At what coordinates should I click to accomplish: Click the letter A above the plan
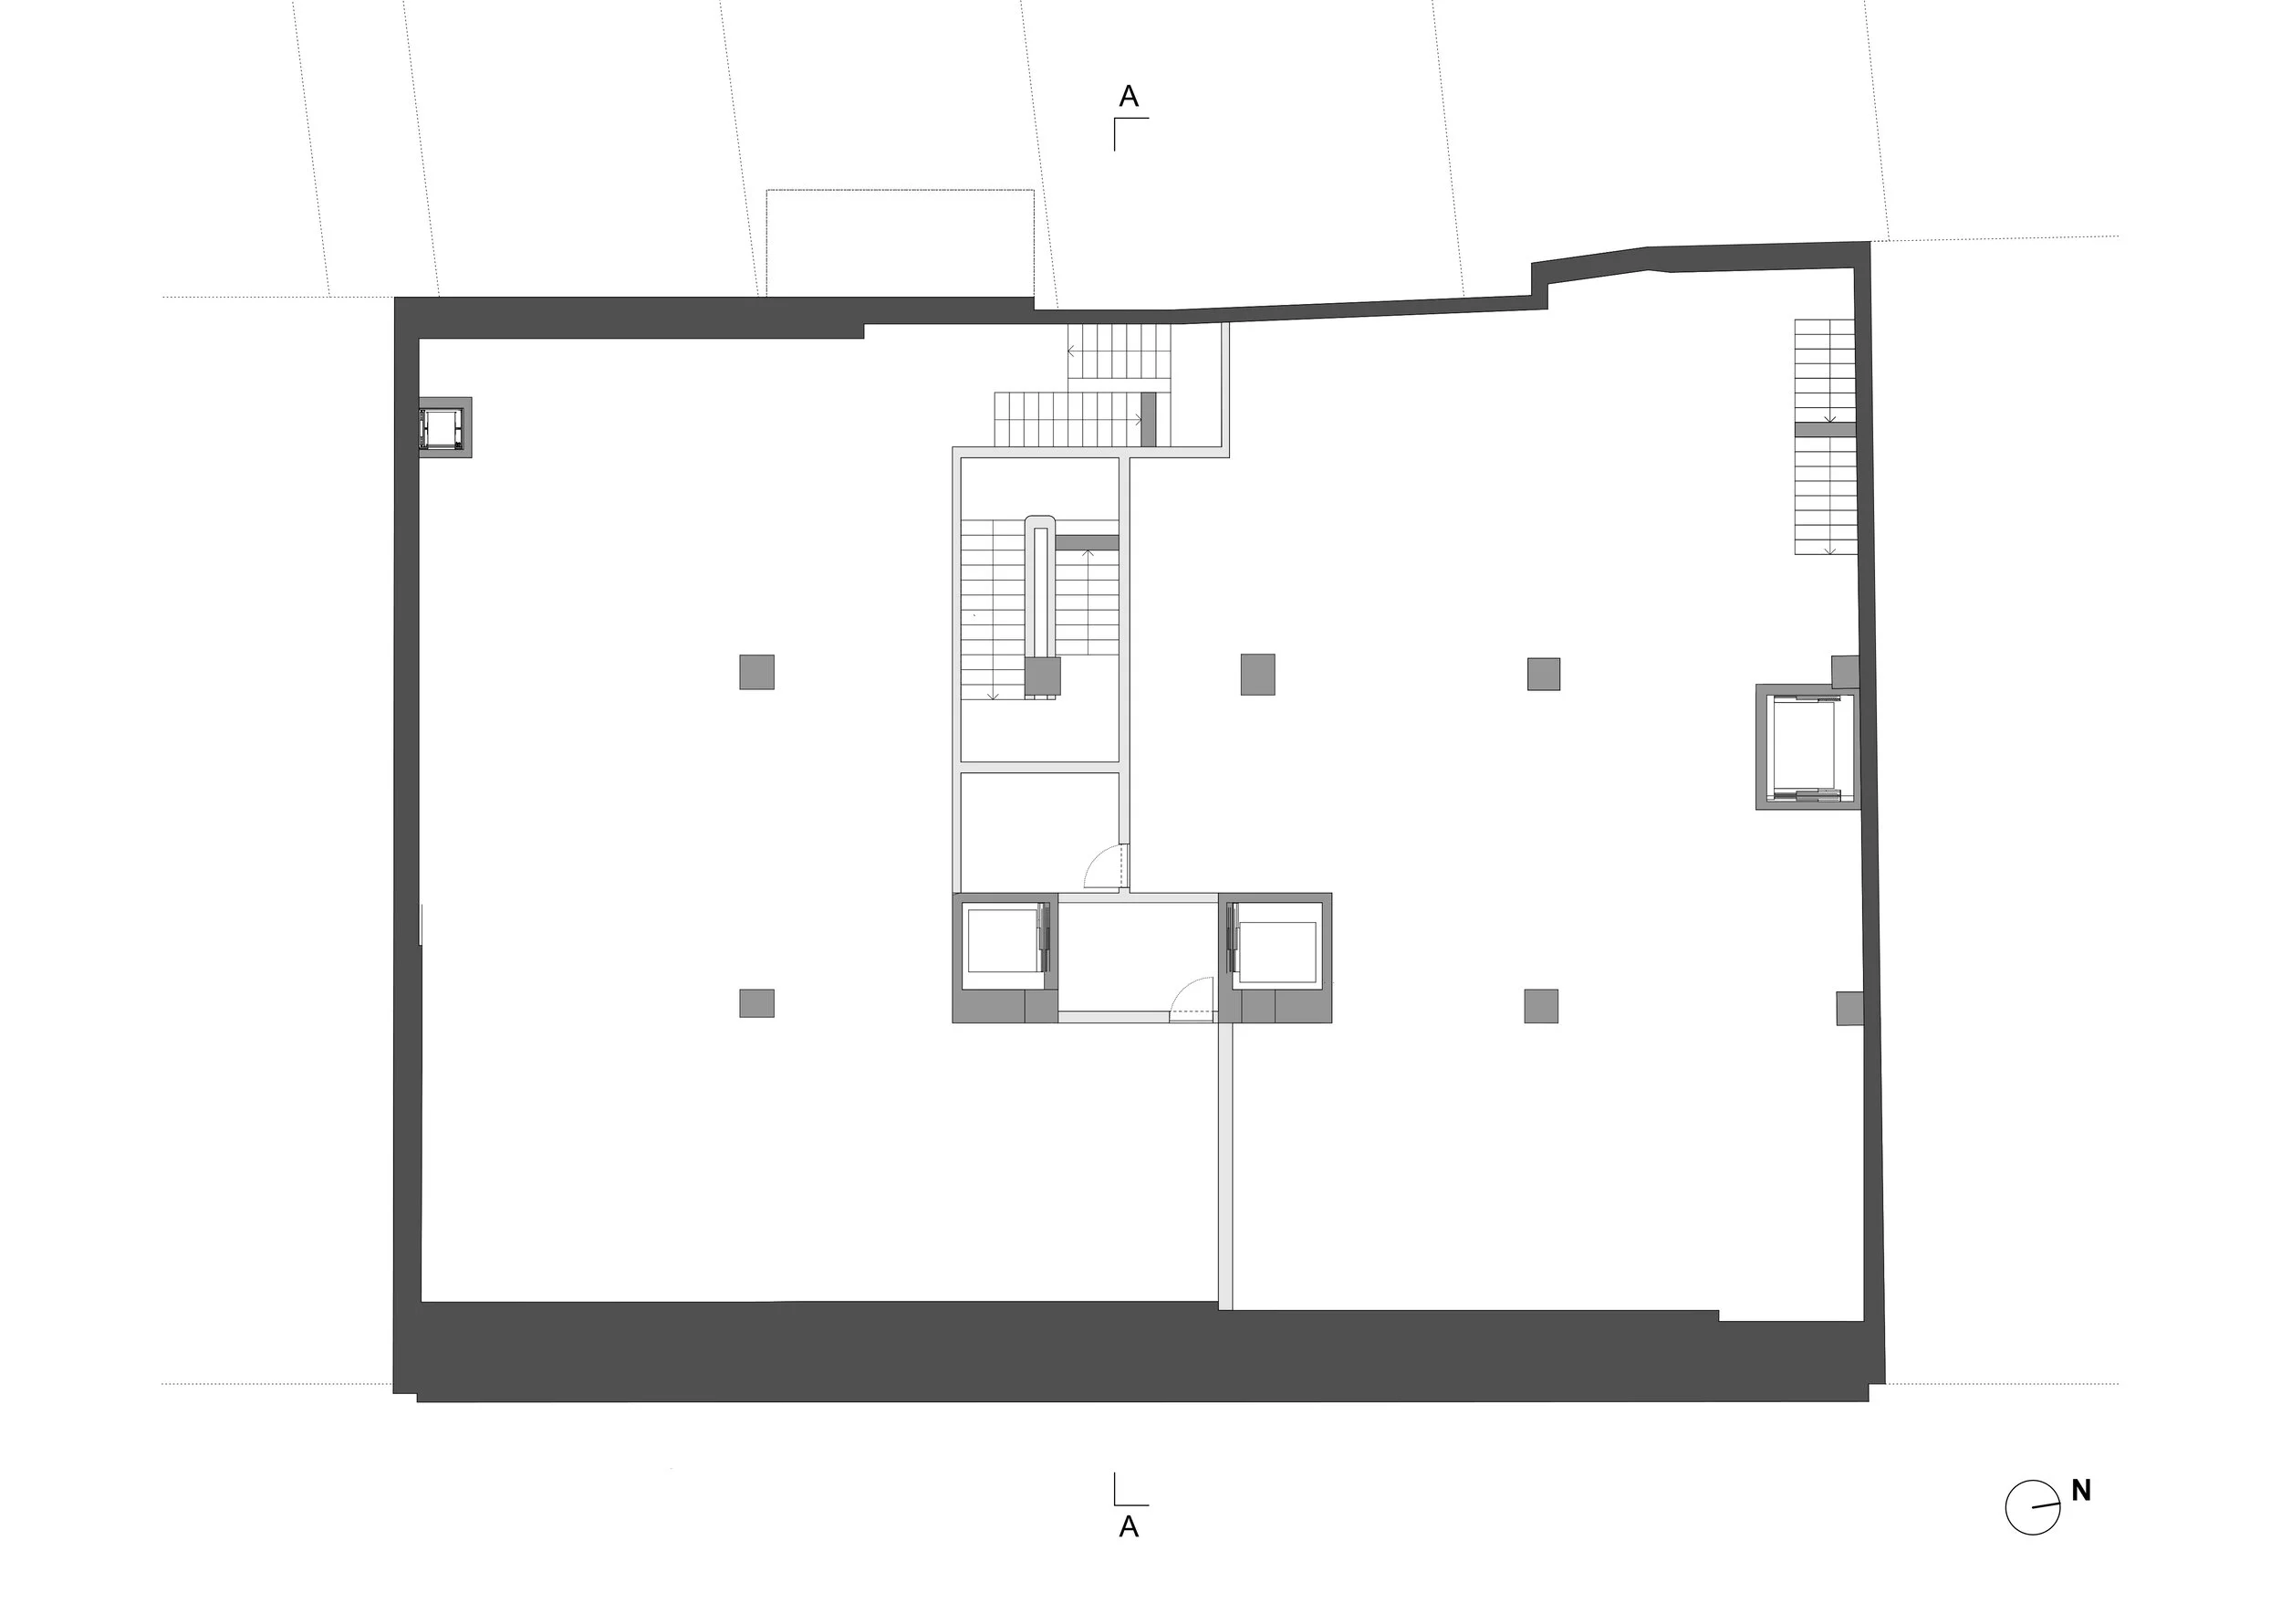pos(1129,97)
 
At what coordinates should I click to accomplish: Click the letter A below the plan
pos(1129,1526)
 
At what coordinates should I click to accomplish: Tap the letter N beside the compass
pos(2080,1491)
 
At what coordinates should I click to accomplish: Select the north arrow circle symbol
pos(2032,1508)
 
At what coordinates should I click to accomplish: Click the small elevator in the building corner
pos(443,427)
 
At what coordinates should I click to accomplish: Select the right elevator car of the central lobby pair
pos(1276,952)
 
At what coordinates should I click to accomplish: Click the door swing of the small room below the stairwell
pos(1103,867)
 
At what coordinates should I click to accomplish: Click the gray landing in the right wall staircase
pos(1824,429)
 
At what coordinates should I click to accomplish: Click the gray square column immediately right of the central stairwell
pos(1256,674)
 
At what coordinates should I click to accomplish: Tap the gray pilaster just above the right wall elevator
pos(1844,671)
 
